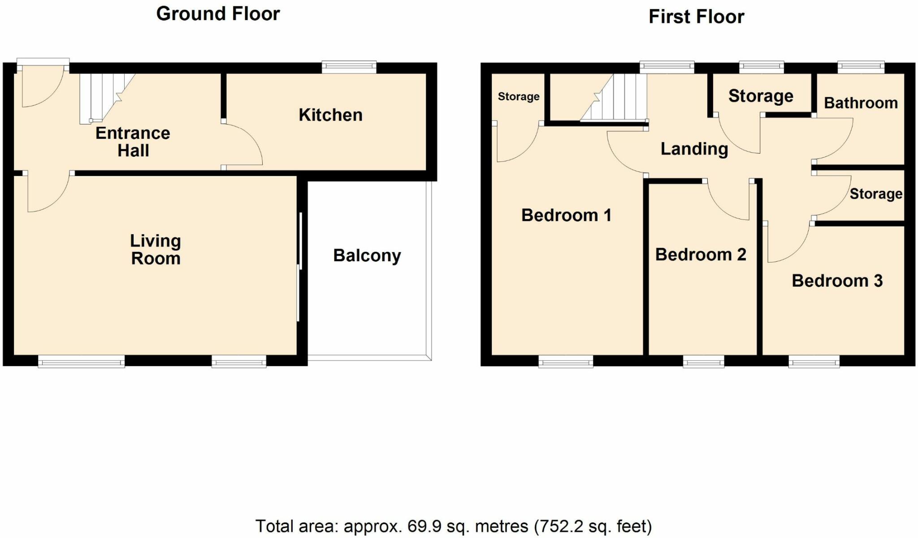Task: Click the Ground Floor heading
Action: pos(218,14)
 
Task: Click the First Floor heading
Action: pos(696,17)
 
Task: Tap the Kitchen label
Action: pos(330,115)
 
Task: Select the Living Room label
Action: pos(156,250)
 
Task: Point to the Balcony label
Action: pos(367,256)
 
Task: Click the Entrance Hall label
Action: pos(133,142)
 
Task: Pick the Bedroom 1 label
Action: pos(566,215)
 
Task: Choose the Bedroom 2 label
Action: pos(701,255)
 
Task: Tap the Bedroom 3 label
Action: pos(837,281)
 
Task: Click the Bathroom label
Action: pos(861,103)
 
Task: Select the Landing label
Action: pos(694,149)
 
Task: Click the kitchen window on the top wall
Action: pos(349,68)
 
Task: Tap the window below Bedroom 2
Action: pos(703,361)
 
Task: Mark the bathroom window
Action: pos(861,68)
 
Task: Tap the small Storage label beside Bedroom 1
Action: pos(519,97)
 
